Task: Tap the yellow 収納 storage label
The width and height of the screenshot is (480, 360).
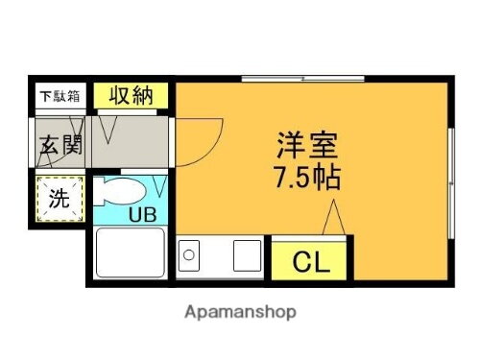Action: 131,95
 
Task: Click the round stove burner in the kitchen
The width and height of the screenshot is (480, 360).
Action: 189,256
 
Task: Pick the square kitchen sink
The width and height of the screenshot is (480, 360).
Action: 246,256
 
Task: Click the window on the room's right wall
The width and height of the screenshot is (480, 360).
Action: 451,158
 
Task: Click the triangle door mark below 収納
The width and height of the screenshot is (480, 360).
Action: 109,125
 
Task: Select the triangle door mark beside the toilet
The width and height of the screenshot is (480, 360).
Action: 158,182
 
